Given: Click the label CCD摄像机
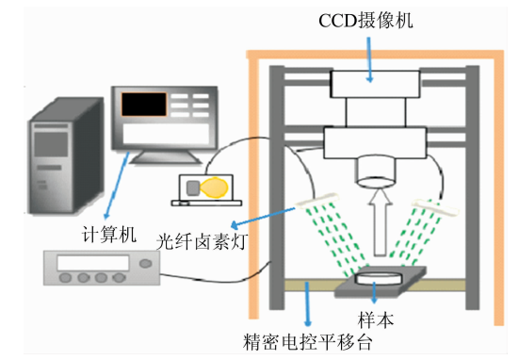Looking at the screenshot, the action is pos(365,21).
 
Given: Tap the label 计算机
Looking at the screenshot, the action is pos(109,235).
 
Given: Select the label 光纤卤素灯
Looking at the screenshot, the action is pos(202,241).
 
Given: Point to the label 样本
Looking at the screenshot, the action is pos(375,319).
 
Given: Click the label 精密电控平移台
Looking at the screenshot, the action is pos(308,342).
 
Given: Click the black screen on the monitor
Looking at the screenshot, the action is pos(144,104).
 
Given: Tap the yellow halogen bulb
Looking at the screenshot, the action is pos(214,188).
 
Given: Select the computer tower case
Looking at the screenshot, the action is pos(66,155).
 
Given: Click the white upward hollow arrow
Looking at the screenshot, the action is pos(380,222).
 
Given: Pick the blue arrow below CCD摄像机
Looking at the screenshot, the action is pos(369,59).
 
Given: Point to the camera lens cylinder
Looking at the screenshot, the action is pos(376,172).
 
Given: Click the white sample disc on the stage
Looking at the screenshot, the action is pos(379,277).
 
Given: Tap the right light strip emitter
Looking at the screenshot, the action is pos(435,207).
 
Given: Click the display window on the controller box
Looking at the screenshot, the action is pos(93,263).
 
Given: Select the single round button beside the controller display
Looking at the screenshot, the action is pos(146,264).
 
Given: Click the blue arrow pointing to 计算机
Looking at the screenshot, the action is pos(117,186).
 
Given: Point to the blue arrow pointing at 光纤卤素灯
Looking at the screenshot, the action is pos(263,218).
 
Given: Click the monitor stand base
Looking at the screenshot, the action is pos(166,157).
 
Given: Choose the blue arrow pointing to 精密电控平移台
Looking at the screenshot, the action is pos(308,303).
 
